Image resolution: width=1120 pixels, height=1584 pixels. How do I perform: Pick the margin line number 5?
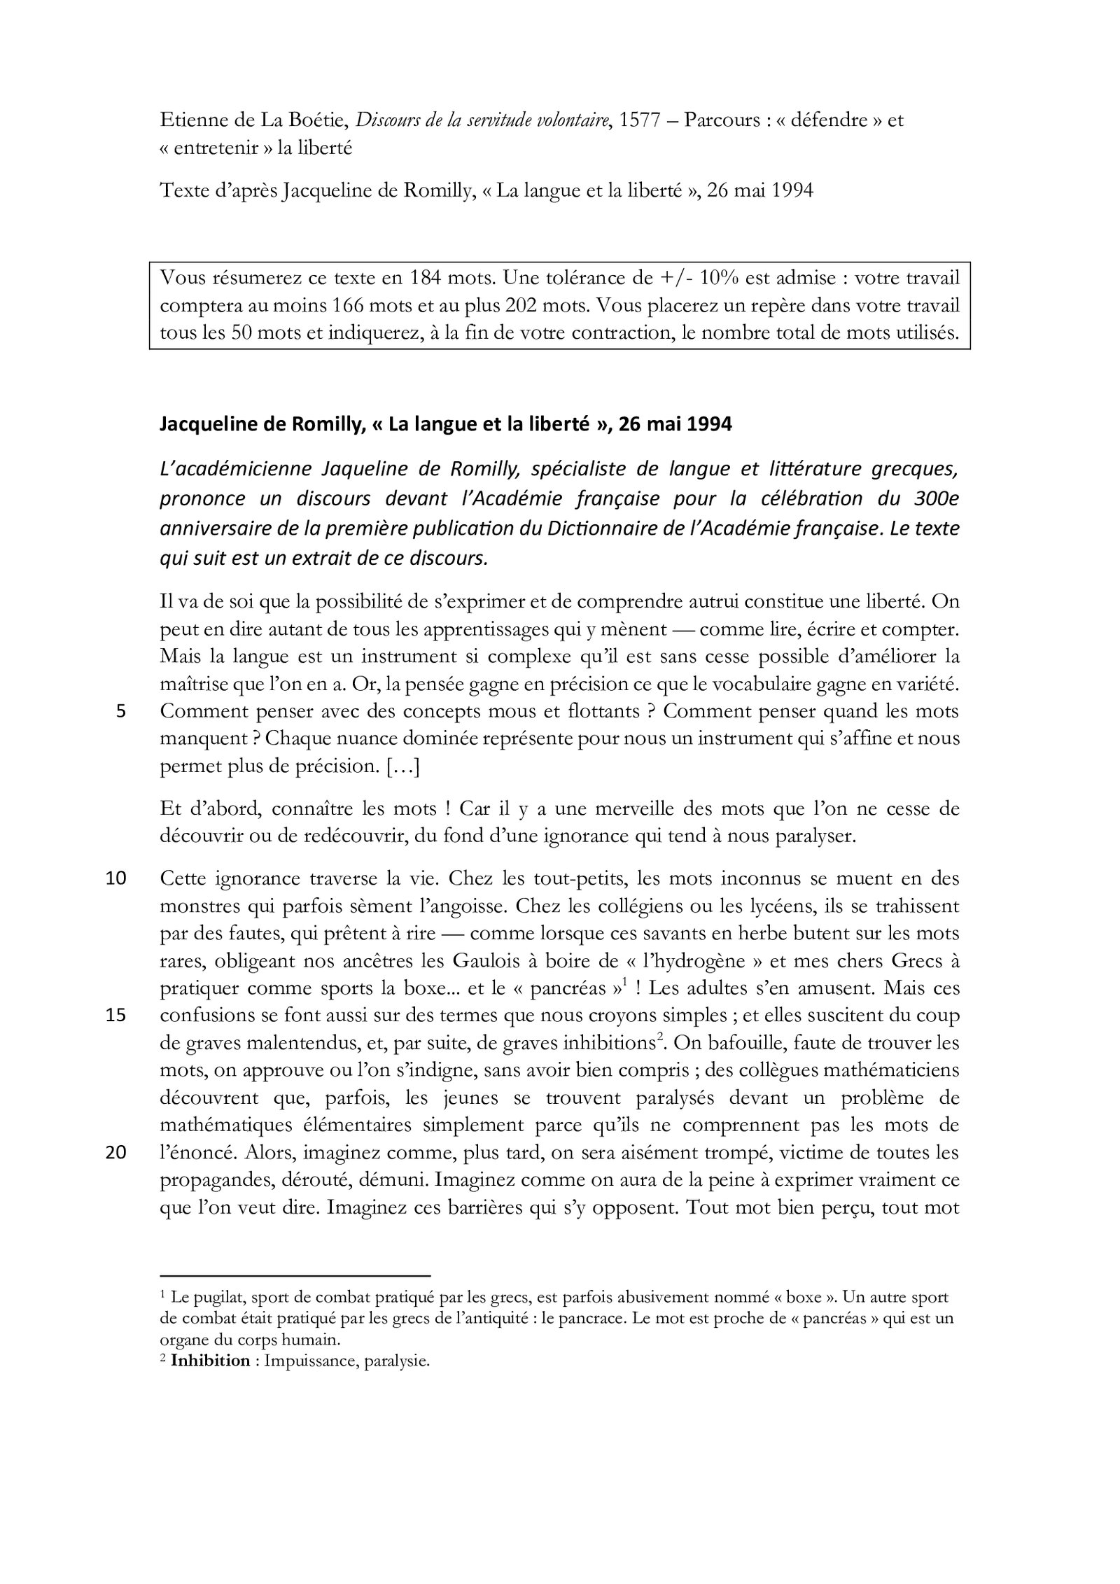(x=120, y=712)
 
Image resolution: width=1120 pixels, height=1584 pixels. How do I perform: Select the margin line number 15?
(x=115, y=1016)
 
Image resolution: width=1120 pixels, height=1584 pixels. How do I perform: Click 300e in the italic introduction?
(x=936, y=499)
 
